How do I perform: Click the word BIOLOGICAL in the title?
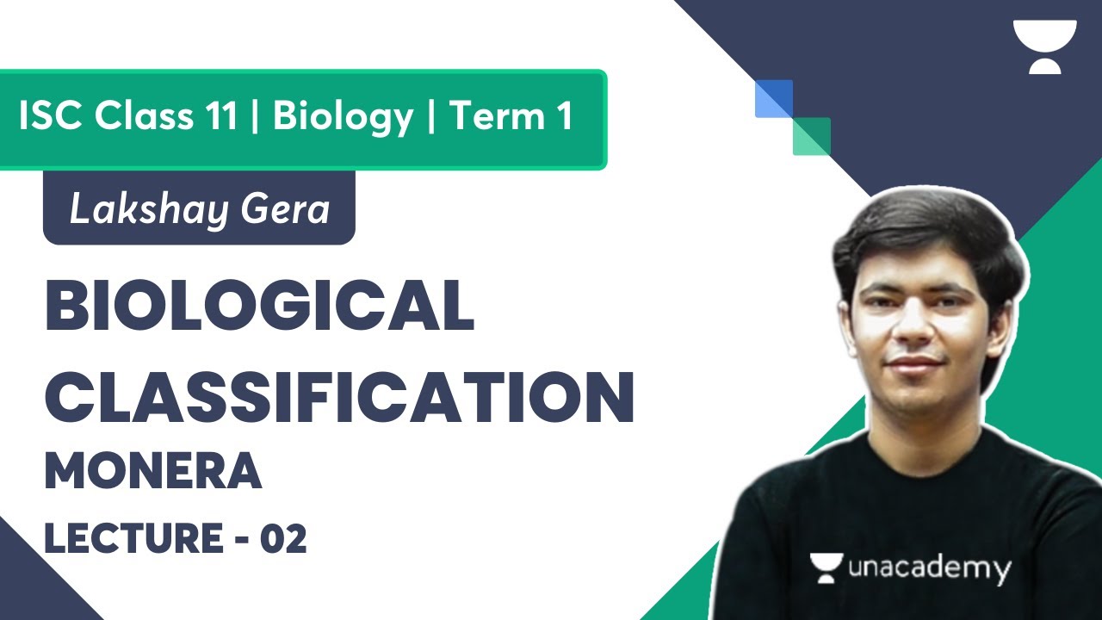point(258,307)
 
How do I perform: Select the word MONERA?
point(152,472)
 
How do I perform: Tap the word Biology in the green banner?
point(343,116)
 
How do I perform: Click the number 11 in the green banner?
point(220,116)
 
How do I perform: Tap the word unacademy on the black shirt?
point(929,569)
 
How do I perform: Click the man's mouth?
point(914,361)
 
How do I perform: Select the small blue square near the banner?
point(772,98)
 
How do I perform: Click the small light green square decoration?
point(813,136)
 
